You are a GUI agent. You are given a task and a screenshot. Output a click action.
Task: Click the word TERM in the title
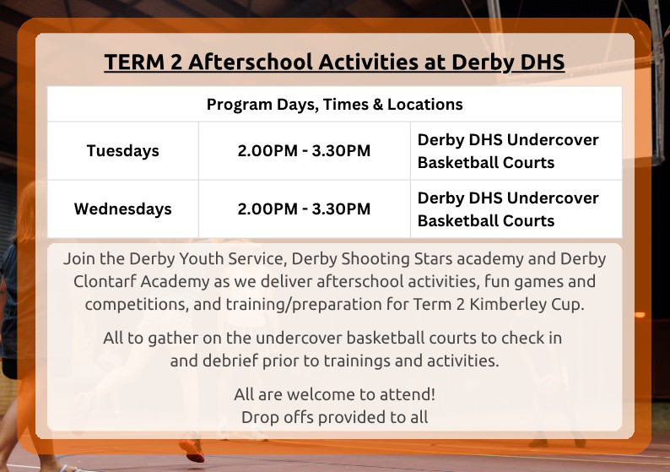135,62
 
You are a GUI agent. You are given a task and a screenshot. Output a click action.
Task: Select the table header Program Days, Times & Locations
334,105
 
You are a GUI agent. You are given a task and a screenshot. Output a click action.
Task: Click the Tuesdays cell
122,151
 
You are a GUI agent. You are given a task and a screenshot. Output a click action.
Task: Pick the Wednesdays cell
122,209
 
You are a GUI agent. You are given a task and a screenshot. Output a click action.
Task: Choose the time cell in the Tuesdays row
304,151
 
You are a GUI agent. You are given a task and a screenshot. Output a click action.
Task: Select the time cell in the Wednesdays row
304,209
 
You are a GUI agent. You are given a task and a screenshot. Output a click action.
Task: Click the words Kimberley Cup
527,305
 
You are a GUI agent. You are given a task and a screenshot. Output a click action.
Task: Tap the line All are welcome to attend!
334,394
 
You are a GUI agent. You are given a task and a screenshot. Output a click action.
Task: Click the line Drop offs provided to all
334,417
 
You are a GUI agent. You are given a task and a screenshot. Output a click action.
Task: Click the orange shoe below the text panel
192,449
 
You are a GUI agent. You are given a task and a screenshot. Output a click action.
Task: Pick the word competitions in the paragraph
137,305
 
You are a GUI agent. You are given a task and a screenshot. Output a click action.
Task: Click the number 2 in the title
176,62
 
